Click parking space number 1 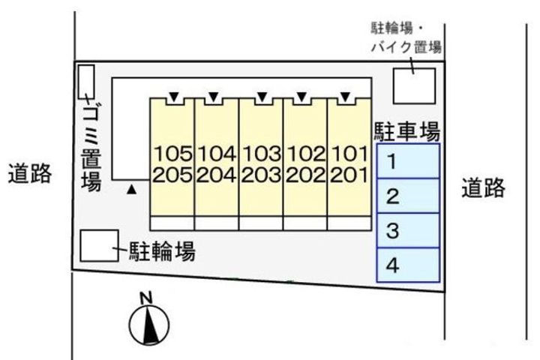tap(407, 161)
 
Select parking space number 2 tap(407, 196)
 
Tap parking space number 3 tap(407, 232)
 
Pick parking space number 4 tap(407, 265)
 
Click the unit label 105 tap(173, 154)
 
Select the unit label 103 tap(261, 154)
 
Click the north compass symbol tap(148, 323)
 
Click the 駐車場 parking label tap(406, 132)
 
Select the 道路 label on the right tap(483, 187)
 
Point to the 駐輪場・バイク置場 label tap(406, 37)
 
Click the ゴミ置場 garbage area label tap(91, 143)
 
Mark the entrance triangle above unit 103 tap(261, 96)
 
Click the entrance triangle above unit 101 tap(344, 96)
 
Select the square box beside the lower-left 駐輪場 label tap(98, 245)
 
